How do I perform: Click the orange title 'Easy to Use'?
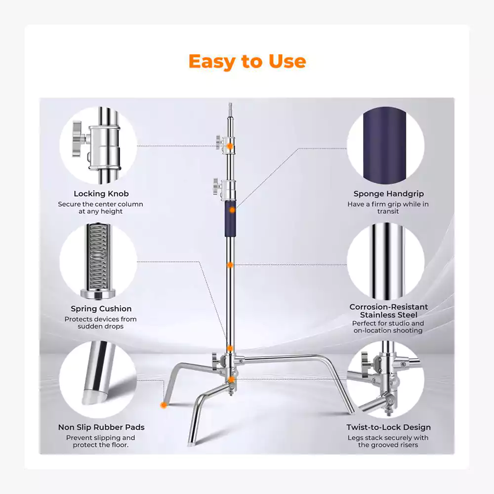click(247, 61)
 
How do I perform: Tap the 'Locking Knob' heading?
click(101, 194)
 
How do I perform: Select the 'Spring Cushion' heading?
click(101, 309)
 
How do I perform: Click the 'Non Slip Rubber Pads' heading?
click(101, 427)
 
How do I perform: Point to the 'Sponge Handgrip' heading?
click(388, 194)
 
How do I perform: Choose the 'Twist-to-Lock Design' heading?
click(388, 427)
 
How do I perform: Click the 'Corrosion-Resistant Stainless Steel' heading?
click(388, 311)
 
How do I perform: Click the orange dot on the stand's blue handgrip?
click(232, 210)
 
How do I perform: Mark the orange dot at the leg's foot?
click(164, 405)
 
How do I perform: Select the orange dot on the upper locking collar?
click(230, 146)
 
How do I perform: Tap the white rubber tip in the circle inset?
click(93, 397)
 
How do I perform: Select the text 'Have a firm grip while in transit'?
click(388, 207)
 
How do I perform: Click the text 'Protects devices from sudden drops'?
click(100, 323)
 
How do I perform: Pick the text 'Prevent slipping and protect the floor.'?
click(100, 441)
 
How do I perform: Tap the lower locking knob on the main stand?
click(217, 187)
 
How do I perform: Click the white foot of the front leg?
click(191, 444)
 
